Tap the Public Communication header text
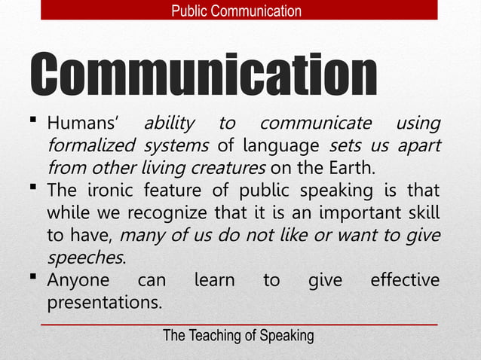tap(236, 11)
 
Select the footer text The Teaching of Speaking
tap(238, 336)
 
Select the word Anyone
tap(78, 281)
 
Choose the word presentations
tap(104, 304)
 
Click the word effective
tap(405, 281)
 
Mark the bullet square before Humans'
tap(35, 121)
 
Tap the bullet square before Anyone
tap(35, 278)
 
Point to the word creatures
tap(229, 166)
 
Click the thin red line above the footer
tap(238, 324)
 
